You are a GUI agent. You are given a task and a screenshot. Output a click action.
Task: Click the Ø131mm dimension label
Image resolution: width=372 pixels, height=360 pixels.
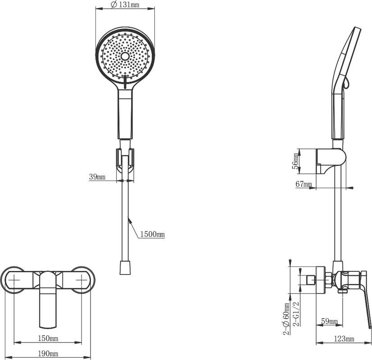tap(125, 4)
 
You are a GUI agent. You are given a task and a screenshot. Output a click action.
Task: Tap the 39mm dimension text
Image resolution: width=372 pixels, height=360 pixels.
tap(97, 177)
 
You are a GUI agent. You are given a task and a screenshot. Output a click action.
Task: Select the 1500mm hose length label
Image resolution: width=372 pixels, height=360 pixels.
tap(152, 234)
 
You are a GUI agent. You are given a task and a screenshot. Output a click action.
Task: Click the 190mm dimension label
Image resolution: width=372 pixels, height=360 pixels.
tap(48, 354)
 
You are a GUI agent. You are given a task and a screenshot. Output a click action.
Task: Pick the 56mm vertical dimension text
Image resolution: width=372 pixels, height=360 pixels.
tap(295, 161)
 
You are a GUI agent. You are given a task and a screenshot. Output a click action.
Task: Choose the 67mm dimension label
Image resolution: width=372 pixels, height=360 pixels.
tap(304, 184)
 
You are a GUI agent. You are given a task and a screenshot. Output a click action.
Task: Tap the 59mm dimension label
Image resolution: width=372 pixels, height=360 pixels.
tap(329, 321)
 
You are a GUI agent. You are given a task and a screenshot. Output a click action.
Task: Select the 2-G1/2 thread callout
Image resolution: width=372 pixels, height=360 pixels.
tap(296, 314)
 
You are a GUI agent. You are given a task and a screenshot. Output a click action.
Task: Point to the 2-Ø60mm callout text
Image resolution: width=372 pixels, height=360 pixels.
tap(287, 319)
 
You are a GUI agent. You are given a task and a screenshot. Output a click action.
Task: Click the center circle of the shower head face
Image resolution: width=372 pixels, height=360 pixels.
tap(125, 56)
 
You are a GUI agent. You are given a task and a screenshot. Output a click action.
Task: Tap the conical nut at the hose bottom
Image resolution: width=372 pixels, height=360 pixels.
tap(125, 268)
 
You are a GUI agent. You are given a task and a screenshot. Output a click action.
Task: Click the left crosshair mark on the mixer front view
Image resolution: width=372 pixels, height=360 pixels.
tap(14, 280)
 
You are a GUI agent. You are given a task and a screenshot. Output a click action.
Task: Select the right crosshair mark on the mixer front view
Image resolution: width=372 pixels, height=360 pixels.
tap(82, 280)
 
